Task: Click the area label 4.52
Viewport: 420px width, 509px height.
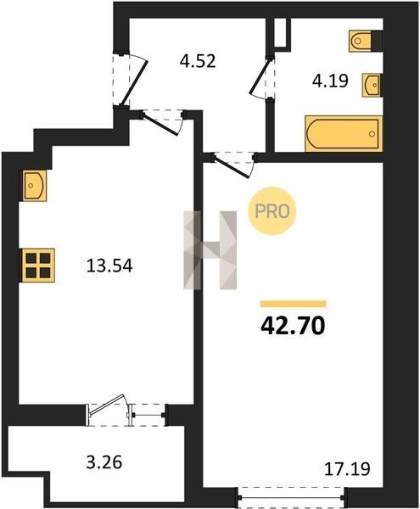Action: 198,61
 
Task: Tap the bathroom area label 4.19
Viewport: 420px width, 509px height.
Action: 330,81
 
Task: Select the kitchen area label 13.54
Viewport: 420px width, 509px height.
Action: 109,266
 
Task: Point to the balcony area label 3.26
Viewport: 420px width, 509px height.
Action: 104,462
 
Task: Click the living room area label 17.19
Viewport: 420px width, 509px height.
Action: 347,469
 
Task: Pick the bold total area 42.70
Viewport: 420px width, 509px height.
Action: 293,326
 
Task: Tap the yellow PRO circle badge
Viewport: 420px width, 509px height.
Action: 272,211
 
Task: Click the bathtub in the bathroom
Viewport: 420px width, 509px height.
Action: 344,134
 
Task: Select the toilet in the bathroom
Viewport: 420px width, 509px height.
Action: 360,41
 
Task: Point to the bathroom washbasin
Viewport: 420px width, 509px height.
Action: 372,85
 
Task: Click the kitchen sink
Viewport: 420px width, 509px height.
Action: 35,185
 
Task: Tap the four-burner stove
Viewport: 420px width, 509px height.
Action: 38,266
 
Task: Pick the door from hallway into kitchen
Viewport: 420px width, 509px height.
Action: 163,121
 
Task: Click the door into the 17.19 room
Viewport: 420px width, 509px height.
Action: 234,165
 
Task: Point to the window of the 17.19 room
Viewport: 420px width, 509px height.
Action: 291,496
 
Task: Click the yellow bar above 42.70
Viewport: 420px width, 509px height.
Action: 293,304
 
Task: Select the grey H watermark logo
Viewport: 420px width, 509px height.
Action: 210,250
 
